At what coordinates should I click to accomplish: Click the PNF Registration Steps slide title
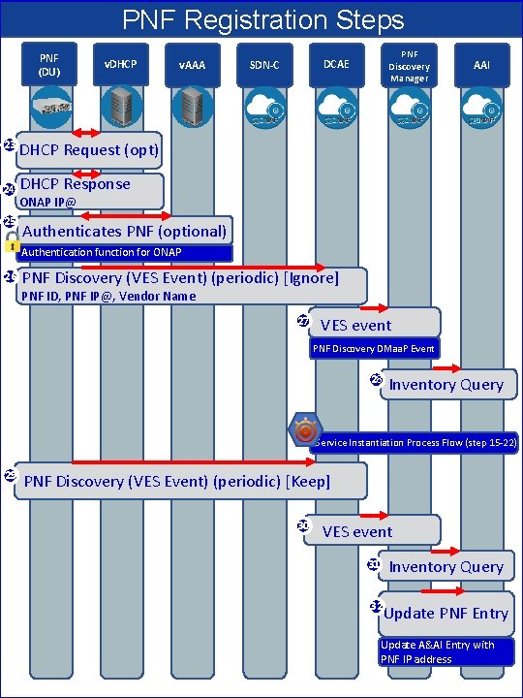click(261, 19)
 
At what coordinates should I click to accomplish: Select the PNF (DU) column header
click(49, 64)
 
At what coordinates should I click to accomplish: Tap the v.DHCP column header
click(120, 64)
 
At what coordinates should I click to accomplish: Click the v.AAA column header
click(191, 64)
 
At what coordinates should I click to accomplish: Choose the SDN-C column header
click(264, 64)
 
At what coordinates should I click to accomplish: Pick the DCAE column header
click(336, 64)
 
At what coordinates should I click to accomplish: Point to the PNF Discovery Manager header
click(409, 64)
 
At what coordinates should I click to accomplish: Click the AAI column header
click(481, 64)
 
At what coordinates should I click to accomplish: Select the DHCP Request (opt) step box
click(88, 149)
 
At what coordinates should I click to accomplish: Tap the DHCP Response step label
click(76, 183)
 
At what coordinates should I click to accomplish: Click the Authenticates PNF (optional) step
click(124, 231)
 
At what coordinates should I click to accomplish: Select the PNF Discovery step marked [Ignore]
click(189, 278)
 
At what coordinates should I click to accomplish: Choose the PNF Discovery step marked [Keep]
click(189, 481)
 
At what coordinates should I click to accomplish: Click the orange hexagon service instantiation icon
click(306, 428)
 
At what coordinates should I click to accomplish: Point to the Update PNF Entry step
click(446, 613)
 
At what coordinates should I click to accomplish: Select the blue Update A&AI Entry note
click(446, 651)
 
